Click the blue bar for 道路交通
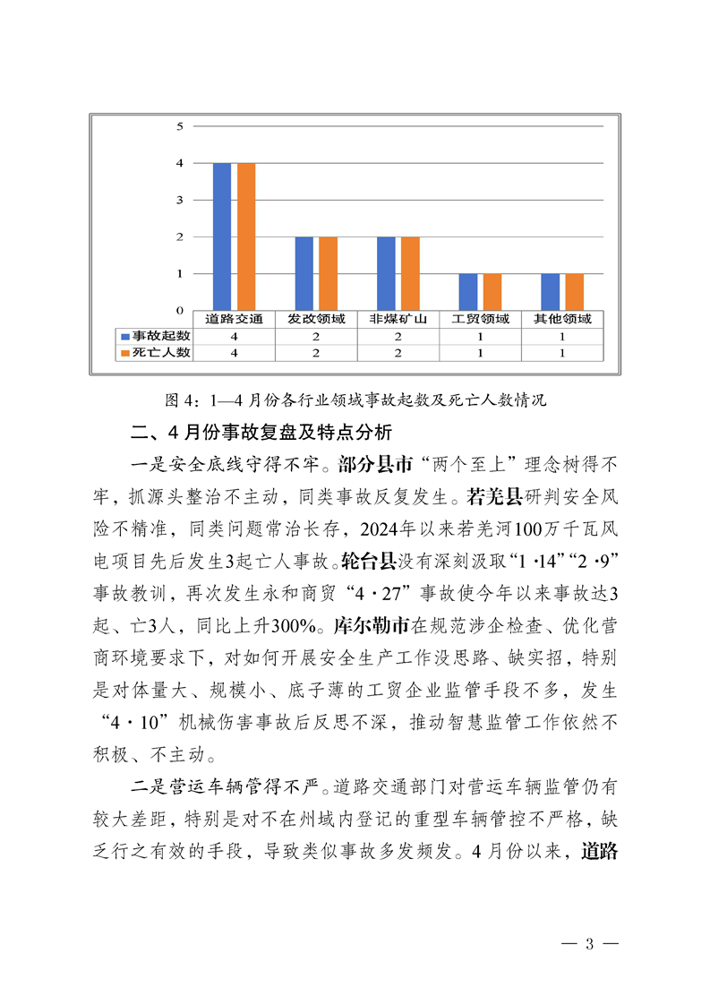coord(222,236)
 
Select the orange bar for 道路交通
coord(245,236)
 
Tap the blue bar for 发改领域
coord(304,273)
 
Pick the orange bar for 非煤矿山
coord(409,273)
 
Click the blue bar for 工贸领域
coord(468,292)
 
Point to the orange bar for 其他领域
coord(574,292)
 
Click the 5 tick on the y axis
coord(179,126)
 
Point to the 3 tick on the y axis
coord(179,200)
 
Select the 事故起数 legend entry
coord(156,335)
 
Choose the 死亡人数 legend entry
coord(156,353)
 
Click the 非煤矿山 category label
coord(398,319)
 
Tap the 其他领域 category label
coord(562,319)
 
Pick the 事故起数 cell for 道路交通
coord(234,336)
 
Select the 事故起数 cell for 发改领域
coord(316,336)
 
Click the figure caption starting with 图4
coord(355,399)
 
